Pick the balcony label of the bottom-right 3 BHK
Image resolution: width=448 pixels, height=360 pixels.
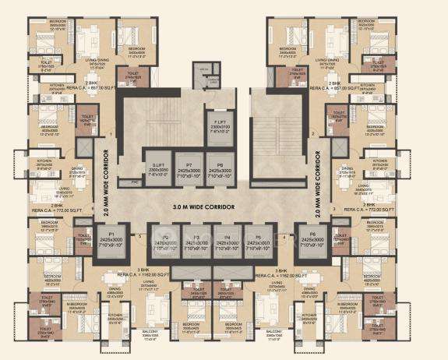[x=295, y=337]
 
